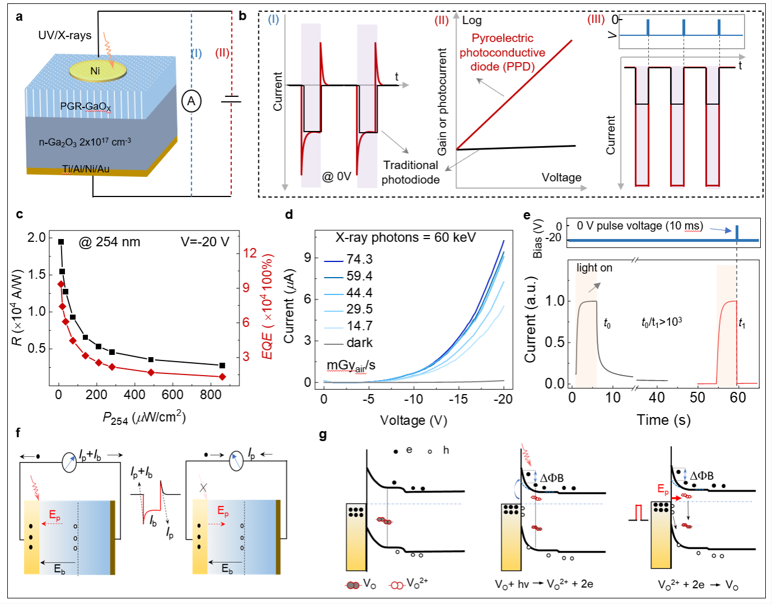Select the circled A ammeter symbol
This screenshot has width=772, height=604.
[x=191, y=101]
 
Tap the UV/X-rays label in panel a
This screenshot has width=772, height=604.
[x=64, y=35]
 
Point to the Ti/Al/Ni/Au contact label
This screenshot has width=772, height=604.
[x=86, y=168]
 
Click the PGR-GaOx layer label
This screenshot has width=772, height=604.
[x=86, y=106]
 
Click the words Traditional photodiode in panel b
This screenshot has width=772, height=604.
[x=411, y=172]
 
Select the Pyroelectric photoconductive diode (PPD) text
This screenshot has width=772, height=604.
[x=503, y=53]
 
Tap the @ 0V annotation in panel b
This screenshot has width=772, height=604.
[x=336, y=177]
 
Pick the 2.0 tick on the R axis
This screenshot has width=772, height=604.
[x=36, y=237]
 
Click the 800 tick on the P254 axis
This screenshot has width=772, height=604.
[x=211, y=395]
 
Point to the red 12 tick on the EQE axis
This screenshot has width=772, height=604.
[x=249, y=253]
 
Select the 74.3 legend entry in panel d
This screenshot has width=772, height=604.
[x=359, y=259]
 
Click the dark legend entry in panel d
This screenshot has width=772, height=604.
[x=359, y=343]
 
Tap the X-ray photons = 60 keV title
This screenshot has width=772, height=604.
[x=406, y=237]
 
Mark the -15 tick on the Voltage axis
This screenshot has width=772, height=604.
[x=458, y=399]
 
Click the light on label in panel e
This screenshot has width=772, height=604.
[x=594, y=268]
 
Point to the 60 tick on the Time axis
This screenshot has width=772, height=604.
[x=738, y=397]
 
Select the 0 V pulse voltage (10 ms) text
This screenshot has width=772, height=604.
[x=640, y=226]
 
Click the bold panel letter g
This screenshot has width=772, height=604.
[x=323, y=435]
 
